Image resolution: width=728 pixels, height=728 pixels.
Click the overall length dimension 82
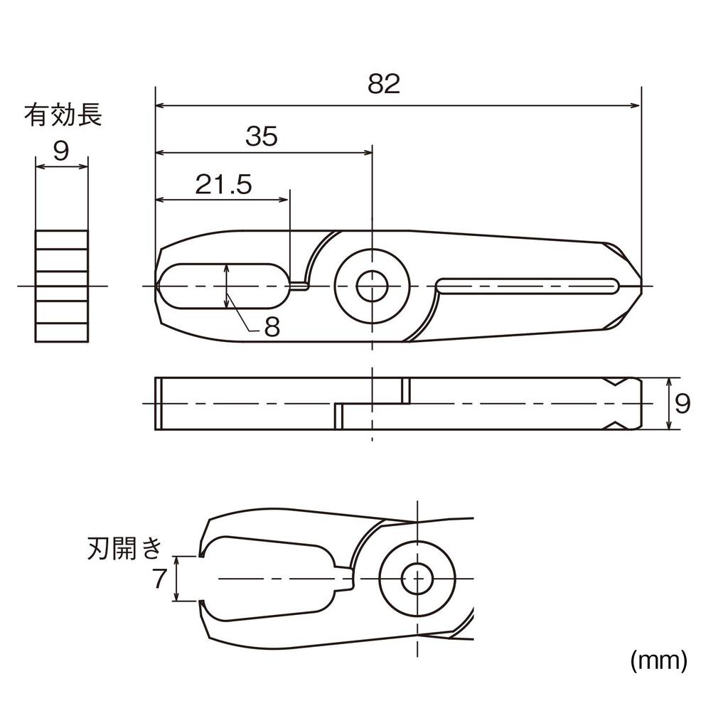[384, 84]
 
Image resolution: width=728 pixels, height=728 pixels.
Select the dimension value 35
[261, 136]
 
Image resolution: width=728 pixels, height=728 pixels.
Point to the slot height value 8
[272, 327]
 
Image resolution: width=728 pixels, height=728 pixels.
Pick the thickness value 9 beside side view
[682, 404]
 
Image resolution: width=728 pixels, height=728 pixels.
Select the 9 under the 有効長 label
[61, 150]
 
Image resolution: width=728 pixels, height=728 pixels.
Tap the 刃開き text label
[124, 548]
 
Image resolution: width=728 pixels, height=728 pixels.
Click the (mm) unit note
[658, 661]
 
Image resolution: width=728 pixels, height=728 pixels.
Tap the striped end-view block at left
[62, 286]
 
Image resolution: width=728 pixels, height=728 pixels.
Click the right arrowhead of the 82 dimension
[637, 106]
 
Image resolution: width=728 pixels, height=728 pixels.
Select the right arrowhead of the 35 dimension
[368, 152]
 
